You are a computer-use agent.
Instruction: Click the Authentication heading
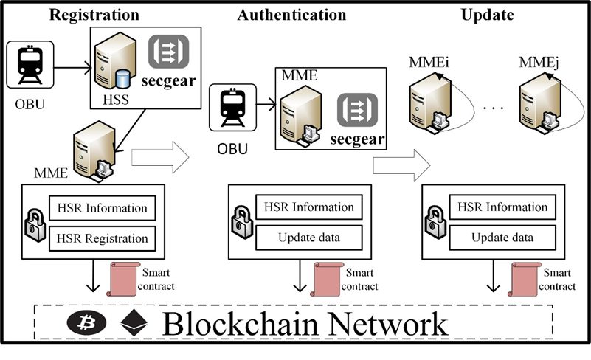click(x=291, y=15)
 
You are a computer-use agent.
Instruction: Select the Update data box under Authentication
click(x=309, y=238)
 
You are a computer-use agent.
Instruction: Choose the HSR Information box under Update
click(x=502, y=207)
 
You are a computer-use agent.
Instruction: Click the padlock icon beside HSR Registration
click(x=34, y=224)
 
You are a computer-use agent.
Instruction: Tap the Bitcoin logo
click(x=86, y=323)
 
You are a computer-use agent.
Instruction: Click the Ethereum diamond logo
click(x=134, y=322)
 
